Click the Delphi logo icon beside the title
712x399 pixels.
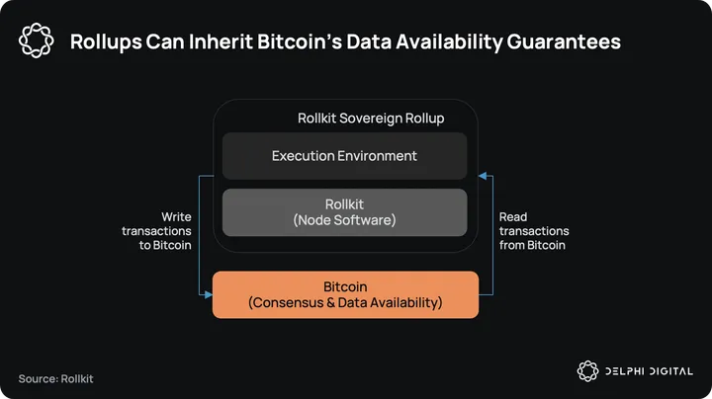point(36,40)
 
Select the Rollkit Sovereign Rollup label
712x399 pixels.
point(370,119)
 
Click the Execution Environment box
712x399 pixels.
point(344,156)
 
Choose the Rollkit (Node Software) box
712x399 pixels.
point(344,212)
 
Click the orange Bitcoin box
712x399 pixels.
point(345,294)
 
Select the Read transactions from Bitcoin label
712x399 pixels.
point(533,230)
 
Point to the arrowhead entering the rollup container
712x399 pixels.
point(484,176)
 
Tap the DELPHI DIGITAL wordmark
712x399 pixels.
point(649,370)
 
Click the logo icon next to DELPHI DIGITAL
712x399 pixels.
point(588,370)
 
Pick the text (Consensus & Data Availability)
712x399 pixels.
point(345,302)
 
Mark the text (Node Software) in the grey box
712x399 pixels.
point(344,220)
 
